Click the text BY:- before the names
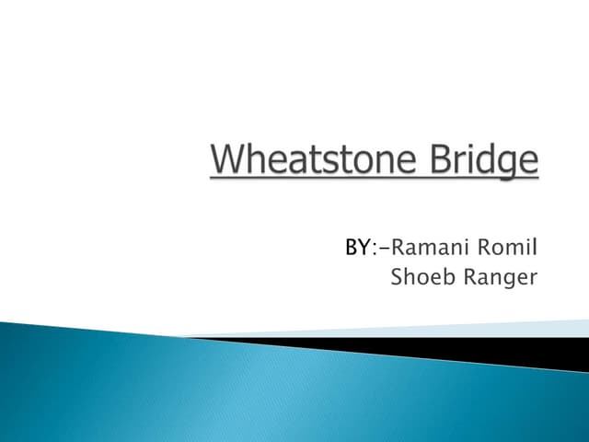pos(364,247)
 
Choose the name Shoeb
pos(420,276)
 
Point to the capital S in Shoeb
pos(397,276)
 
